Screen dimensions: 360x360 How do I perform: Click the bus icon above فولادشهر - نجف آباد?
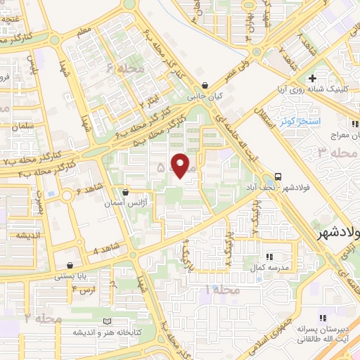(x=279, y=176)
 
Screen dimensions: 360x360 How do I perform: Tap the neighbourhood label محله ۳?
(x=333, y=153)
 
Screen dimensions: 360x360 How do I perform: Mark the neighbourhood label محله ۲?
(x=44, y=319)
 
